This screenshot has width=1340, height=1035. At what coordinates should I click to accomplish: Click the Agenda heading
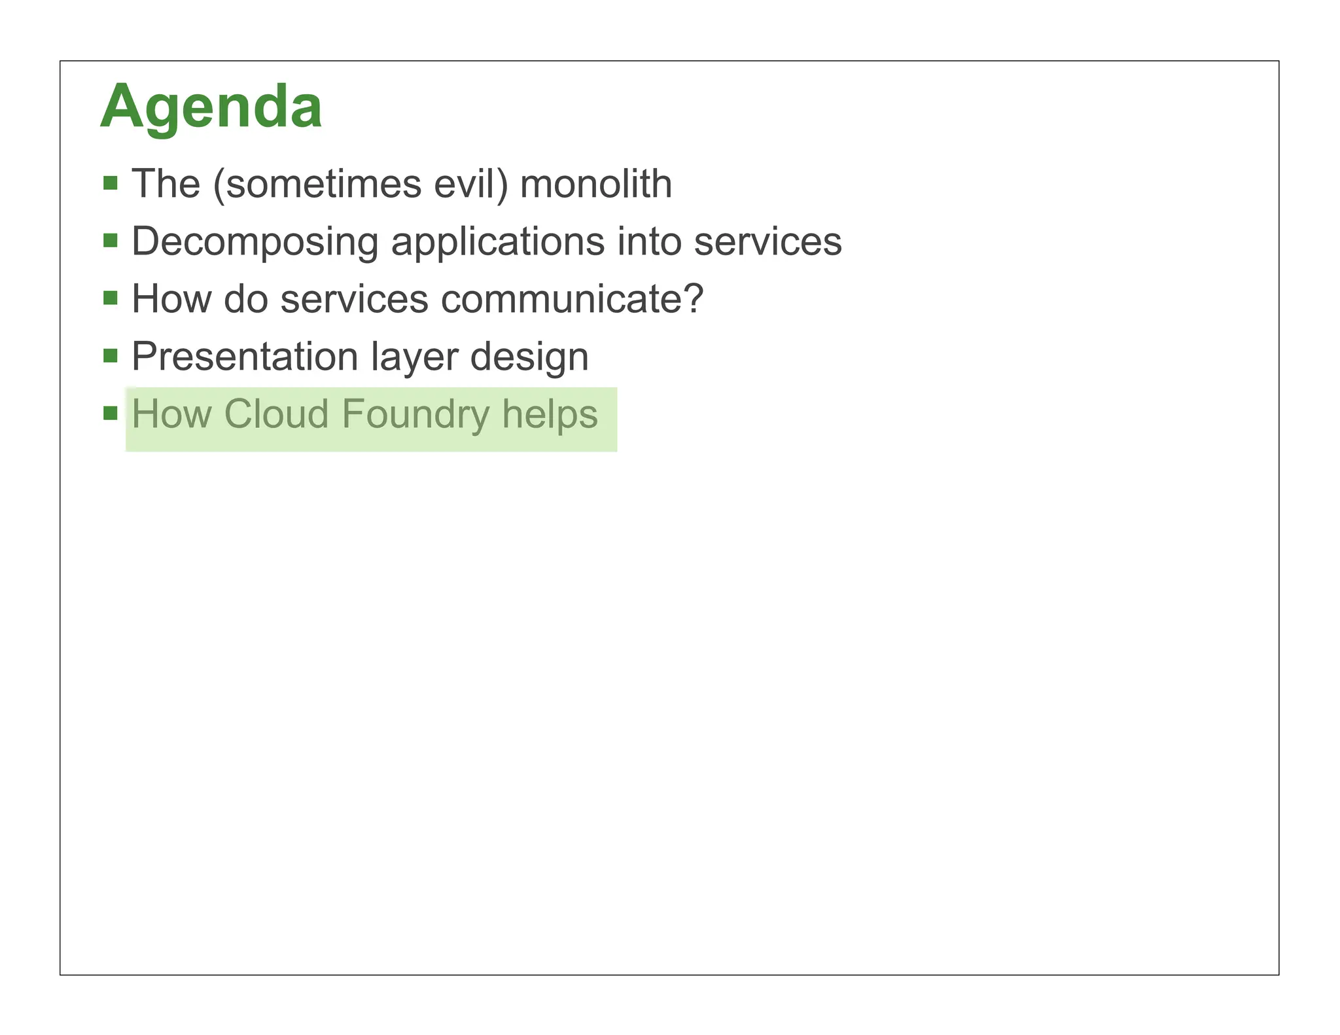[211, 107]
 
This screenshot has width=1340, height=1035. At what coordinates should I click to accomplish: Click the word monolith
[595, 184]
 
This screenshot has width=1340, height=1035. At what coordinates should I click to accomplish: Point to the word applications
[497, 241]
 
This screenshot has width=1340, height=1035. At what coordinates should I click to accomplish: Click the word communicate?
[571, 299]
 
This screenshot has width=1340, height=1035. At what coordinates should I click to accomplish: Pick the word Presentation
[245, 357]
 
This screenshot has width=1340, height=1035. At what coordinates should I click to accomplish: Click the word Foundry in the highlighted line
[415, 414]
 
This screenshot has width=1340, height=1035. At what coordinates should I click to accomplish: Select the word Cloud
[275, 414]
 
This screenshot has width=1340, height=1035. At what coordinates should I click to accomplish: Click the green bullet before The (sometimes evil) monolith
[111, 183]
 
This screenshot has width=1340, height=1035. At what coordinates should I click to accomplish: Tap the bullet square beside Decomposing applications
[111, 241]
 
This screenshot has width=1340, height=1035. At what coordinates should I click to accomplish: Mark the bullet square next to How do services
[111, 298]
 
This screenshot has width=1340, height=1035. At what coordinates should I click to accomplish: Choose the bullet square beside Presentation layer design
[111, 356]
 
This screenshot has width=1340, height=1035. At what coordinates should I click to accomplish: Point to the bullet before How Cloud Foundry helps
[111, 413]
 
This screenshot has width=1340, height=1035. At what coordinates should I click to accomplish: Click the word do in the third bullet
[245, 299]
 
